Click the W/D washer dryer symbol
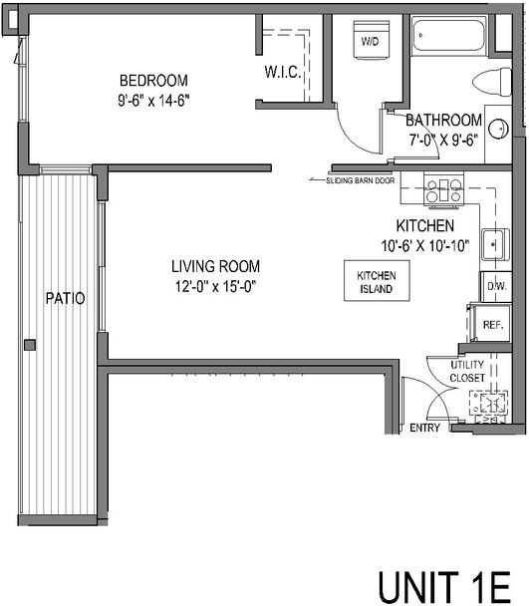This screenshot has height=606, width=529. click(372, 40)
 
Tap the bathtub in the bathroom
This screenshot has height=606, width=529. click(448, 36)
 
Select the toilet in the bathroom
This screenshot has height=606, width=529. click(492, 82)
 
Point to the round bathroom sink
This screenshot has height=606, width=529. click(498, 129)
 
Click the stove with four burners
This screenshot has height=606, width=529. click(444, 190)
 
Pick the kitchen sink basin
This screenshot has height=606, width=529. click(493, 244)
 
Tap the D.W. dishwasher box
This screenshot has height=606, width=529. click(496, 286)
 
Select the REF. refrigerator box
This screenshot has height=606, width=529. click(492, 324)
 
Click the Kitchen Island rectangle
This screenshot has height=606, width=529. click(377, 281)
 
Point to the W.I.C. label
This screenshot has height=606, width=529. click(283, 72)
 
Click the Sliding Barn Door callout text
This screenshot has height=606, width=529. click(361, 180)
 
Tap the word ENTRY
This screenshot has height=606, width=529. click(424, 428)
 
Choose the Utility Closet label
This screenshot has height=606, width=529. click(467, 371)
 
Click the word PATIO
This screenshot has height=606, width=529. click(66, 298)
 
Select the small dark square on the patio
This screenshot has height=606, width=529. click(30, 345)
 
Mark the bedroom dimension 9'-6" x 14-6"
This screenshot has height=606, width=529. click(153, 101)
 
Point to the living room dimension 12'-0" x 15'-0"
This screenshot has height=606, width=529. click(215, 287)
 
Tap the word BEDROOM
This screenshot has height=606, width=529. click(153, 81)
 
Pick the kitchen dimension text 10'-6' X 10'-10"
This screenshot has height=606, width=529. click(425, 245)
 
